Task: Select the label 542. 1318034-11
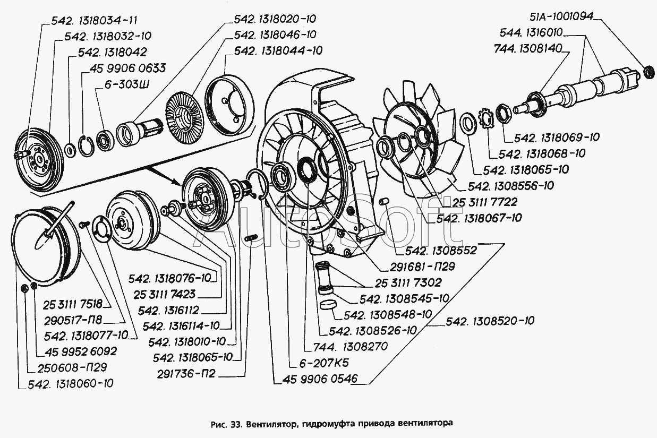click(95, 21)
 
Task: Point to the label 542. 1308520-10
click(490, 321)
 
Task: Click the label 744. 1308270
click(359, 346)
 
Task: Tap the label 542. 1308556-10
click(511, 186)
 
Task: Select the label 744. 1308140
click(531, 48)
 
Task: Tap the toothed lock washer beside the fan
click(484, 115)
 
